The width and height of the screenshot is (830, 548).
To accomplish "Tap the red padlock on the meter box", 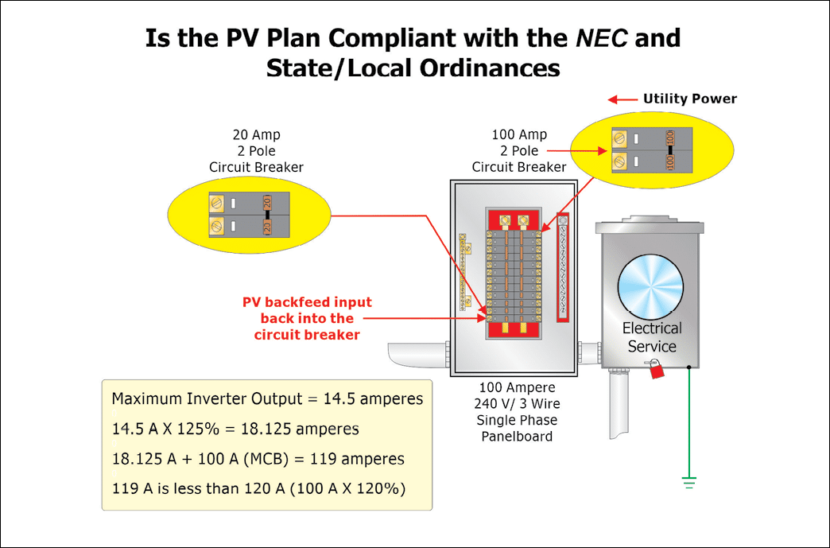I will coord(656,368).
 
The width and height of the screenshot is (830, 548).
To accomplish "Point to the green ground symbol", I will coord(688,482).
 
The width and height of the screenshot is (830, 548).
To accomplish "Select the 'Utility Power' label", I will coord(689,99).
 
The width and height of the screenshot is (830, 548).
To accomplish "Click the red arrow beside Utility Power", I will coord(623,99).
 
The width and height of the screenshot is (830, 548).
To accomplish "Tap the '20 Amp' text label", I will coord(256,135).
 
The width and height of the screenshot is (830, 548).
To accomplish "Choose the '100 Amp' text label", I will coord(519,135).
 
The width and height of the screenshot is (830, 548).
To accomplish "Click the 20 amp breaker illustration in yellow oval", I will coord(240,215).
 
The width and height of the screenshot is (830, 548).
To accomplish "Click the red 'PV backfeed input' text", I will coord(307,303).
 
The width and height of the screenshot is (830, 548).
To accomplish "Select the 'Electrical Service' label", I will coord(652,337).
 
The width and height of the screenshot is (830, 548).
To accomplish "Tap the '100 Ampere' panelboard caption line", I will coord(517,387).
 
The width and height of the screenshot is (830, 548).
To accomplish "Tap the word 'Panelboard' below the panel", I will coord(517,436).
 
